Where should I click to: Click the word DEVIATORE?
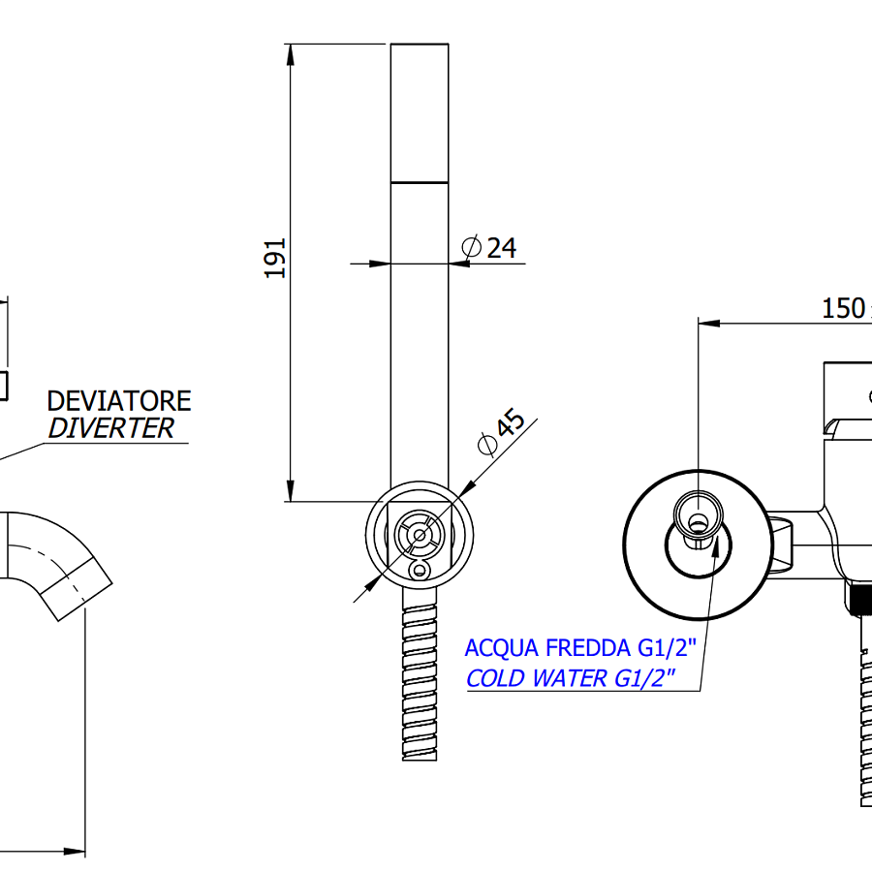[x=118, y=400]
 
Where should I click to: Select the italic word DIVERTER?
[x=111, y=428]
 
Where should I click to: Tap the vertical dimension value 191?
[x=277, y=258]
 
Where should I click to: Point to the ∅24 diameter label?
[x=489, y=248]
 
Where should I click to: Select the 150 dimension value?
[x=843, y=308]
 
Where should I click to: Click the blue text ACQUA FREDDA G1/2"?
[x=579, y=647]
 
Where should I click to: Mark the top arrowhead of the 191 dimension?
[x=290, y=53]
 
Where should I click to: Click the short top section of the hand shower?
[x=420, y=111]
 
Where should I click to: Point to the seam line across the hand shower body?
[x=420, y=182]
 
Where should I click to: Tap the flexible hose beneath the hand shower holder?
[x=420, y=678]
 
